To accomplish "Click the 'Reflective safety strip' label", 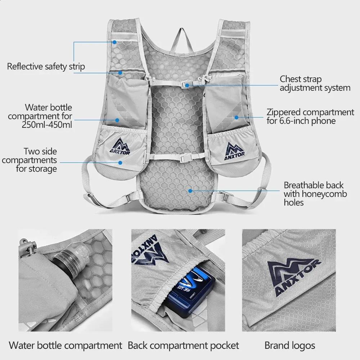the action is click(x=46, y=66).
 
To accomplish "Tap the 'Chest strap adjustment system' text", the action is click(x=315, y=84).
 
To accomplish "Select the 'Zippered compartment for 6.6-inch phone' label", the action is click(x=310, y=116).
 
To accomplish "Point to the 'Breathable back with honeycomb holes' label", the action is click(x=315, y=194).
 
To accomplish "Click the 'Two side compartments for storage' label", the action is click(x=30, y=160).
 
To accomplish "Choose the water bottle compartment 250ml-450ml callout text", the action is click(x=40, y=116).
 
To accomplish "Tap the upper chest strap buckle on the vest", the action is click(x=186, y=85).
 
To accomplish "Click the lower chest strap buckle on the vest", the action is click(x=184, y=158).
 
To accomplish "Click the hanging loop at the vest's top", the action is click(x=181, y=39).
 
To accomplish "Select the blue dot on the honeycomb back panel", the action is click(x=190, y=191).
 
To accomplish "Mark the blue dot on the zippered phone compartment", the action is click(x=237, y=118).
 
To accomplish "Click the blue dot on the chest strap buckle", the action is click(x=187, y=85).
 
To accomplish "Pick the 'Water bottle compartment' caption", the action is click(x=66, y=346).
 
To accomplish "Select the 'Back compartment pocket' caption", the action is click(x=183, y=346).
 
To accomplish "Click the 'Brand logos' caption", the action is click(x=290, y=346).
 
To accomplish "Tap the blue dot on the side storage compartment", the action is click(x=120, y=163).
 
